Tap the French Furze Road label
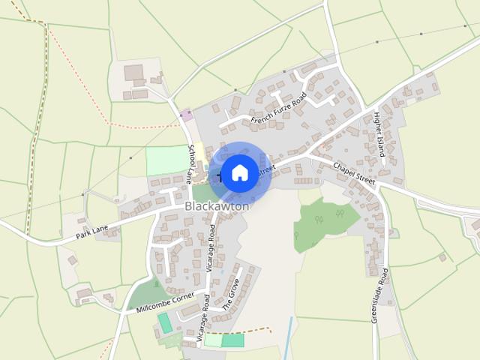(279, 109)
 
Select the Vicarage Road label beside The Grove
(202, 318)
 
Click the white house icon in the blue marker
(239, 173)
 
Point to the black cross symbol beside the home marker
(220, 176)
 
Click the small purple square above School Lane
(186, 115)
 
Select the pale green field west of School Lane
(165, 160)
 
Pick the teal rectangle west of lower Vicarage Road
(164, 324)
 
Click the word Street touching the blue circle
(265, 169)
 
